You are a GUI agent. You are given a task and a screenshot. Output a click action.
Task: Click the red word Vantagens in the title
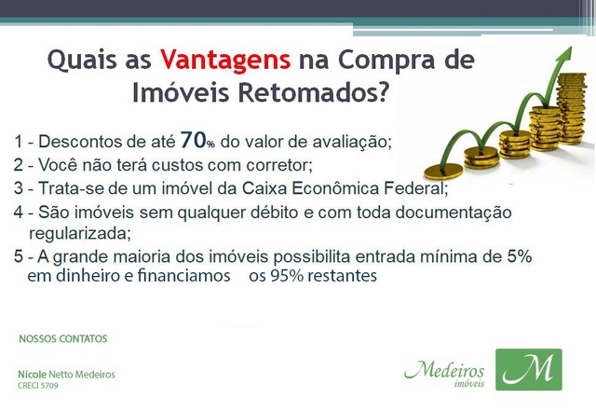[x=225, y=61]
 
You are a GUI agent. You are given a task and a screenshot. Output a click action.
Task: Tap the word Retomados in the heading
[x=314, y=92]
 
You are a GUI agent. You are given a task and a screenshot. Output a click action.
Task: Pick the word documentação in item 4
[x=454, y=213]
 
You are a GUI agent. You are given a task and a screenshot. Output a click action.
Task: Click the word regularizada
[x=80, y=233]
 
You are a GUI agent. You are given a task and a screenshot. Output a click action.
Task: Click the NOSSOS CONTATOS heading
[x=63, y=338]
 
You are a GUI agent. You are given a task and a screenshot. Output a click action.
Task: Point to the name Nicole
[x=33, y=374]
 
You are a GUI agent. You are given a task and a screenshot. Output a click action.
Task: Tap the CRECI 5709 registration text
[x=38, y=386]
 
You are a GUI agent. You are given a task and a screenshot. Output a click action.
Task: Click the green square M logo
[x=529, y=369]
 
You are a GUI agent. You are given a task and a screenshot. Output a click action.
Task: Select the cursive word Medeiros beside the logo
[x=444, y=370]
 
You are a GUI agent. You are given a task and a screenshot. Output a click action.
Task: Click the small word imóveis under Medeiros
[x=469, y=383]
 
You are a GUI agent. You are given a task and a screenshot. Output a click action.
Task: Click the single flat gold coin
[x=443, y=171]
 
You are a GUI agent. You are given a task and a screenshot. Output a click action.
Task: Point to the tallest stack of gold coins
[x=571, y=109]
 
